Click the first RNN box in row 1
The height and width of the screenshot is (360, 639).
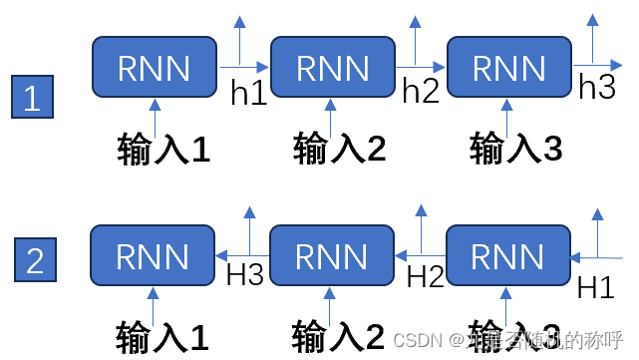pos(154,68)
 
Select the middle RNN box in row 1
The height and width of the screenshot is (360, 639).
pos(333,68)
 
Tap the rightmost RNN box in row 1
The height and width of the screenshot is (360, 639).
pos(508,68)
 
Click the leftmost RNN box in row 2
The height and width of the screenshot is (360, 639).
pos(154,256)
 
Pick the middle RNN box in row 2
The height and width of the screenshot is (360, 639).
pos(333,256)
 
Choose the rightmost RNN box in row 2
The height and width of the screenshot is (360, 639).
pos(508,256)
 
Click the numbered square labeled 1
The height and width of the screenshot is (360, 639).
pos(32,99)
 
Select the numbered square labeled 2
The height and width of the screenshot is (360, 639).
pos(35,260)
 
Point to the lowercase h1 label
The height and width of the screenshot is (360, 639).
pos(248,93)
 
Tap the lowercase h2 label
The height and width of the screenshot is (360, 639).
pos(421,91)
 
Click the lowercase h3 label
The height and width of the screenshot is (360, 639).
pos(597,88)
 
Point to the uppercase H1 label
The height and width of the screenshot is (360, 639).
pos(596,287)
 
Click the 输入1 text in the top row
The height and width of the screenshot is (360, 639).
pos(163,149)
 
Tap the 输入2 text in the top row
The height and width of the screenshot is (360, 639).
pos(339,149)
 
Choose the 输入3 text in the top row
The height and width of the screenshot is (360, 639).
pos(515,149)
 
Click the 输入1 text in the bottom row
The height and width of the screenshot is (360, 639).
pos(163,333)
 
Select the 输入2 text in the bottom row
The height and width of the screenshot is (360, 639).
pos(339,333)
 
